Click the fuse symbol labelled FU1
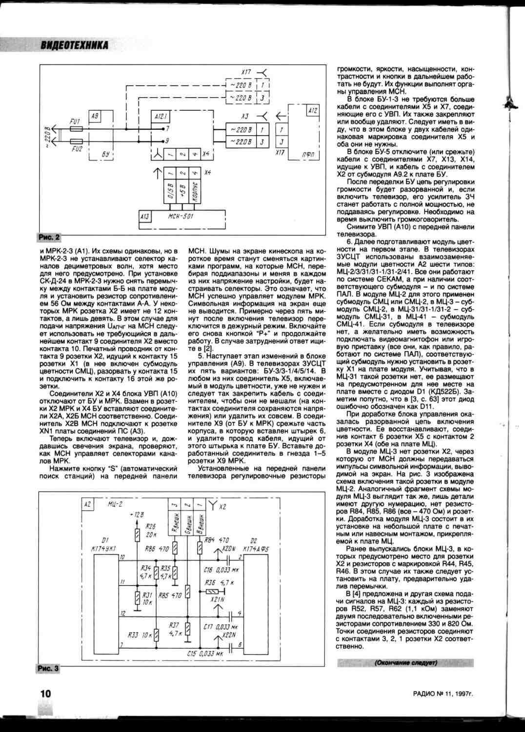coord(77,129)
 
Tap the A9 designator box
coord(95,116)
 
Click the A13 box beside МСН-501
coord(145,216)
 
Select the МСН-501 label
coord(181,216)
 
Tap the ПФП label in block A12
coord(308,155)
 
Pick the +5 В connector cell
coord(182,192)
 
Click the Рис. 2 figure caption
coord(48,237)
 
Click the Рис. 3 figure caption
coord(48,668)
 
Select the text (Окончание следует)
coord(405,663)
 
